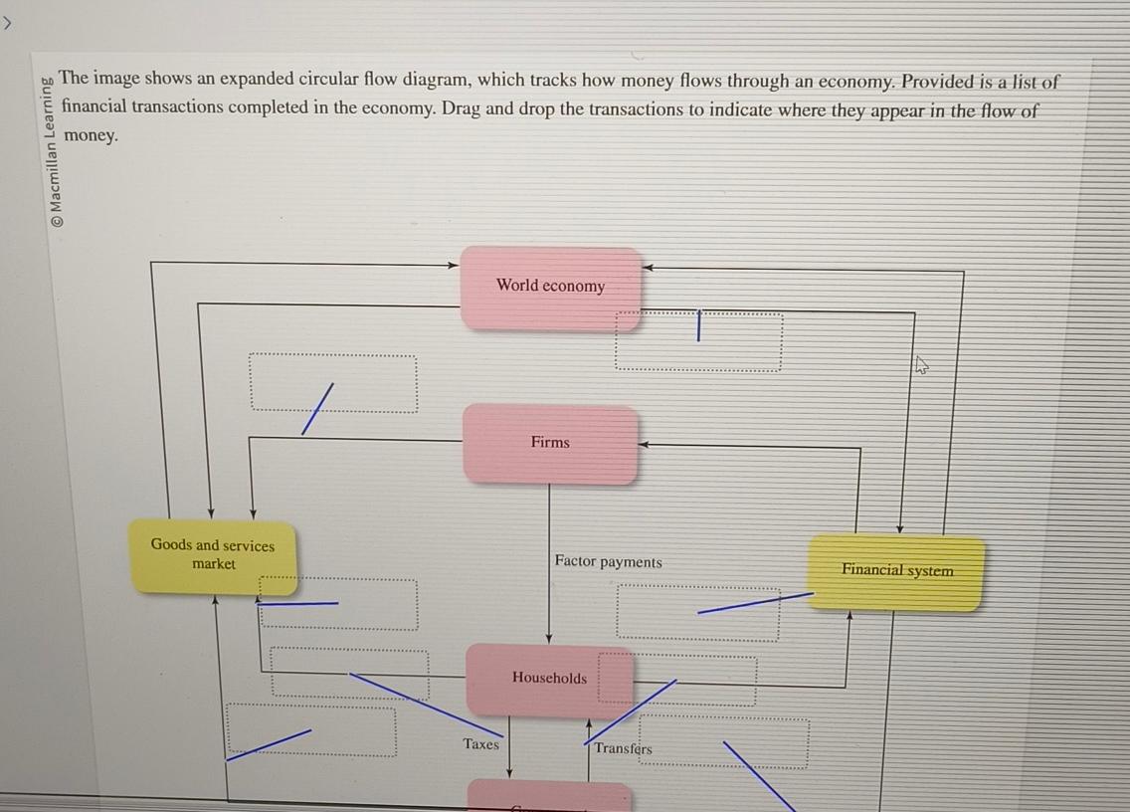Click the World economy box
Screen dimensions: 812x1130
click(550, 287)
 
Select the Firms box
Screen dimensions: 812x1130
click(550, 443)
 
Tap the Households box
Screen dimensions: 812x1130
click(549, 679)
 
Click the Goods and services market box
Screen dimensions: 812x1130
click(213, 555)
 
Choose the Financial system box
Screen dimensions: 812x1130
click(896, 571)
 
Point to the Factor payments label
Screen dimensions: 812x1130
click(608, 562)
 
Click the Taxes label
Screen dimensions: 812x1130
click(481, 744)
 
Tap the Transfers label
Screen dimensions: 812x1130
click(623, 748)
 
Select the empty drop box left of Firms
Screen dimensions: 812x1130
click(333, 383)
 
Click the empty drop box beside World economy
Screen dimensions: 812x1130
click(698, 342)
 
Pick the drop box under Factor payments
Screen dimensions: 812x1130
click(697, 611)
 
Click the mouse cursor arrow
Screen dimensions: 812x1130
click(921, 365)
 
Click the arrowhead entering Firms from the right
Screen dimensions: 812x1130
click(644, 445)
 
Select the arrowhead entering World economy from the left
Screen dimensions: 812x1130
click(453, 265)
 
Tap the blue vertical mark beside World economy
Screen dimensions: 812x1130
click(698, 325)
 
